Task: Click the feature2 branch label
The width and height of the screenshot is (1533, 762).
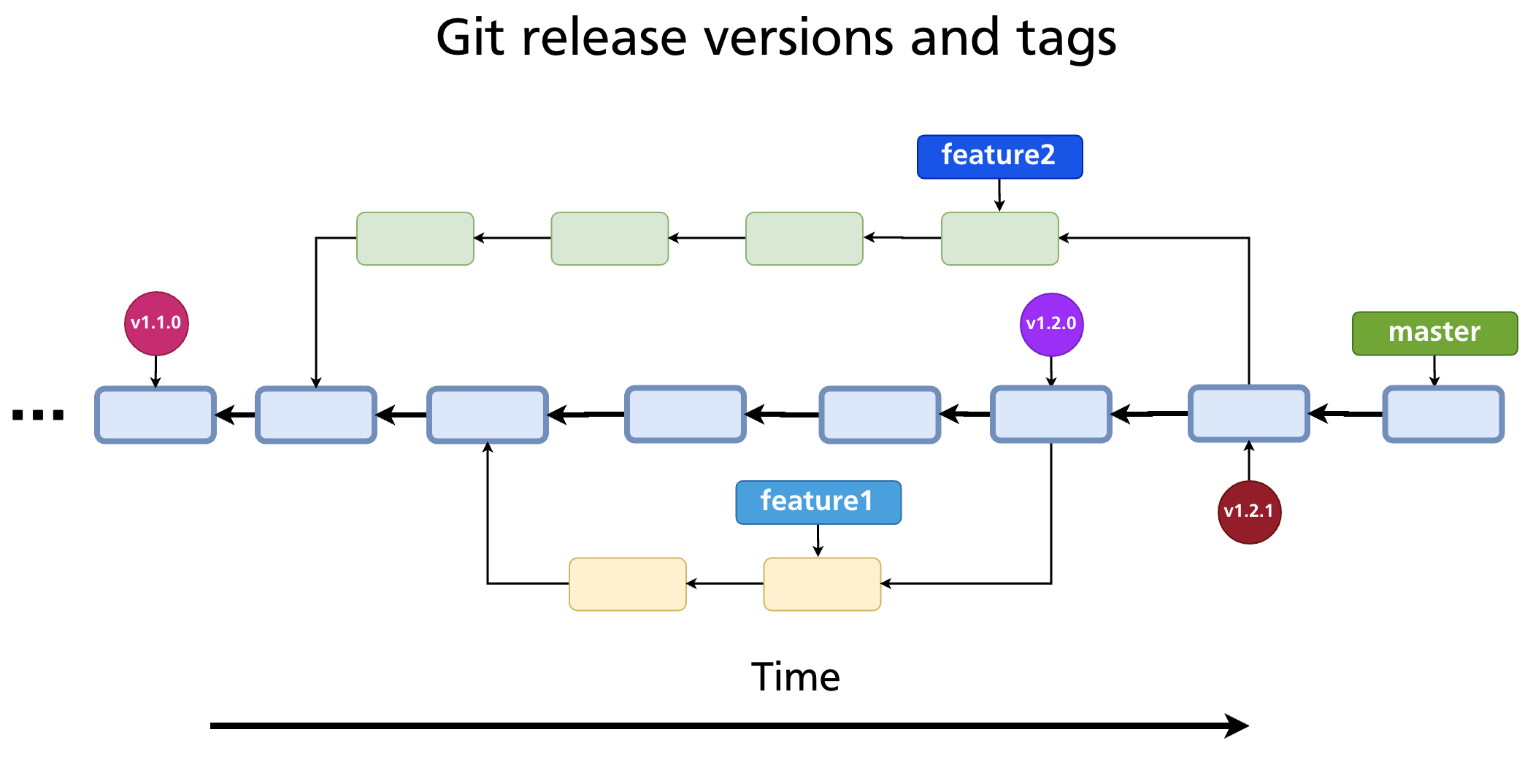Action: click(999, 156)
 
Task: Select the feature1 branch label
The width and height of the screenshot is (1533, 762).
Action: click(818, 502)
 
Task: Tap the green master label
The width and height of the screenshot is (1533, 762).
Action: click(1434, 334)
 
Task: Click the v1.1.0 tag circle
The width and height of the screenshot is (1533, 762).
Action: click(156, 323)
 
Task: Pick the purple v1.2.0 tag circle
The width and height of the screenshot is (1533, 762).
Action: click(1051, 324)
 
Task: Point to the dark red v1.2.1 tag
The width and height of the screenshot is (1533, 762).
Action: click(1249, 512)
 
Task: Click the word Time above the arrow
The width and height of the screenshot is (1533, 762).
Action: click(795, 677)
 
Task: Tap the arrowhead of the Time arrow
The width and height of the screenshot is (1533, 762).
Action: click(1237, 726)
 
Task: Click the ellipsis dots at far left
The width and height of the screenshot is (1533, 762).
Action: click(38, 415)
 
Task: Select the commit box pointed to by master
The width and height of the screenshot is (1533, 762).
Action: click(1443, 415)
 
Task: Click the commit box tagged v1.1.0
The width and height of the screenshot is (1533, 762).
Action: click(155, 415)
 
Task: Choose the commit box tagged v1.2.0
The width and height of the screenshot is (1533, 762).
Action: click(1051, 415)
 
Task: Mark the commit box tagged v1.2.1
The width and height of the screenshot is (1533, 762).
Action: click(1249, 414)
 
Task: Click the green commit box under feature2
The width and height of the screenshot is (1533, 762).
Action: click(999, 239)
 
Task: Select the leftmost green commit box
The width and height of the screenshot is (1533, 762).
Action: click(415, 239)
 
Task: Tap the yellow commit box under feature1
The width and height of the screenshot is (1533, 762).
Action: click(822, 584)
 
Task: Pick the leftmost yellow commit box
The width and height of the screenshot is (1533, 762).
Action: click(627, 584)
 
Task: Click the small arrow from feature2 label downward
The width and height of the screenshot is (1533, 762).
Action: click(999, 195)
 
